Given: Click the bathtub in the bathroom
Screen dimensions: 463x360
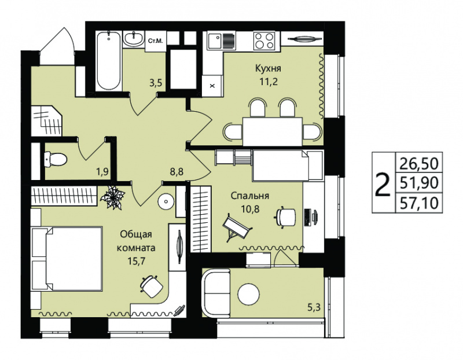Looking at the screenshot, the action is pos(109,61).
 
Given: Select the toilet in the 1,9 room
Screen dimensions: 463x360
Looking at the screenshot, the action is pos(56,160).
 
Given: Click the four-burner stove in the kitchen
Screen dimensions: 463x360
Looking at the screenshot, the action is pos(264,41).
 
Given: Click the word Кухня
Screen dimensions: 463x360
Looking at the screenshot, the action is pos(268,68).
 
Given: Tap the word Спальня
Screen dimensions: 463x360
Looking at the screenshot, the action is pos(250,196).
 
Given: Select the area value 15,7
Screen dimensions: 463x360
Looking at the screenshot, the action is pos(136,261).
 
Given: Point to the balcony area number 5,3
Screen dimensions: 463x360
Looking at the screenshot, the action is pos(314,308).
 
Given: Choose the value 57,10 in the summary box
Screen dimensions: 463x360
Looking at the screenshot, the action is pos(419,203).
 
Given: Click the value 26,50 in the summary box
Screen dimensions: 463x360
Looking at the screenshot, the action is pos(419,163).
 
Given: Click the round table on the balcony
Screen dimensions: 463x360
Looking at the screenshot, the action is pos(249,294).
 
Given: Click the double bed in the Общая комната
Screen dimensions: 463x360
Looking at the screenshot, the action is pos(66,259).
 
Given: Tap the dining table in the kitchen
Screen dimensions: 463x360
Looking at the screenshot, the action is pos(273,131).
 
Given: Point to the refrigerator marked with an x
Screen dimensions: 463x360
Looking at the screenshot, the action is pos(212,85).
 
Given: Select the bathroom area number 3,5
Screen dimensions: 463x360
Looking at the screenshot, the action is pos(156,83).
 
